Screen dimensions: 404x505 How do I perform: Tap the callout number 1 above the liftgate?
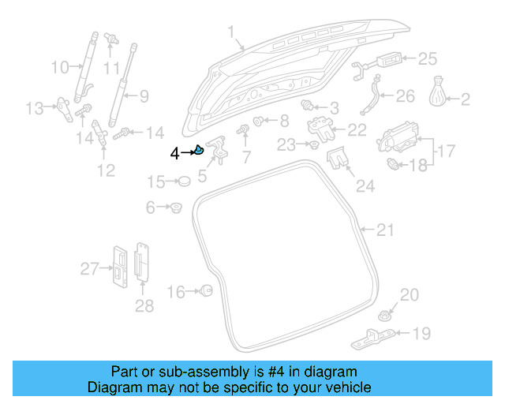click(232, 32)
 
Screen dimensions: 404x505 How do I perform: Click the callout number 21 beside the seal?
click(384, 230)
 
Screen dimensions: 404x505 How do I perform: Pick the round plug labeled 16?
click(207, 291)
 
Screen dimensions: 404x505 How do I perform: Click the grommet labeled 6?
click(176, 208)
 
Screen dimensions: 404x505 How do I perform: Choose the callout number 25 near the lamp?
click(427, 58)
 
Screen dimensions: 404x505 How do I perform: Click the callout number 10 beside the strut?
click(60, 68)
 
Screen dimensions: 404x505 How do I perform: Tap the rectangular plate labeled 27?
click(118, 267)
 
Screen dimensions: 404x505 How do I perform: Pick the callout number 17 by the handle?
click(446, 149)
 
